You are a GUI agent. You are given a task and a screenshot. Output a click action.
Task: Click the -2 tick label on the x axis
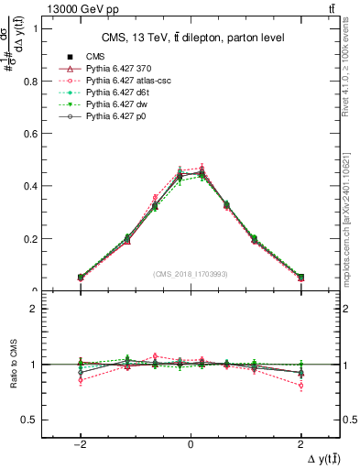click(80, 442)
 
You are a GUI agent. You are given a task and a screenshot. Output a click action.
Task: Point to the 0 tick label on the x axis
click(191, 442)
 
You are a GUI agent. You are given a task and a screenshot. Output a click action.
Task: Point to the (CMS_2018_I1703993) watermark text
click(190, 274)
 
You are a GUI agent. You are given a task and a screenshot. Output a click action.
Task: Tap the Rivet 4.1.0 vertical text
click(350, 60)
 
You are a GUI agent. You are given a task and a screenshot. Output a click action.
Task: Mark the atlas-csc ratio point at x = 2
click(300, 386)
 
